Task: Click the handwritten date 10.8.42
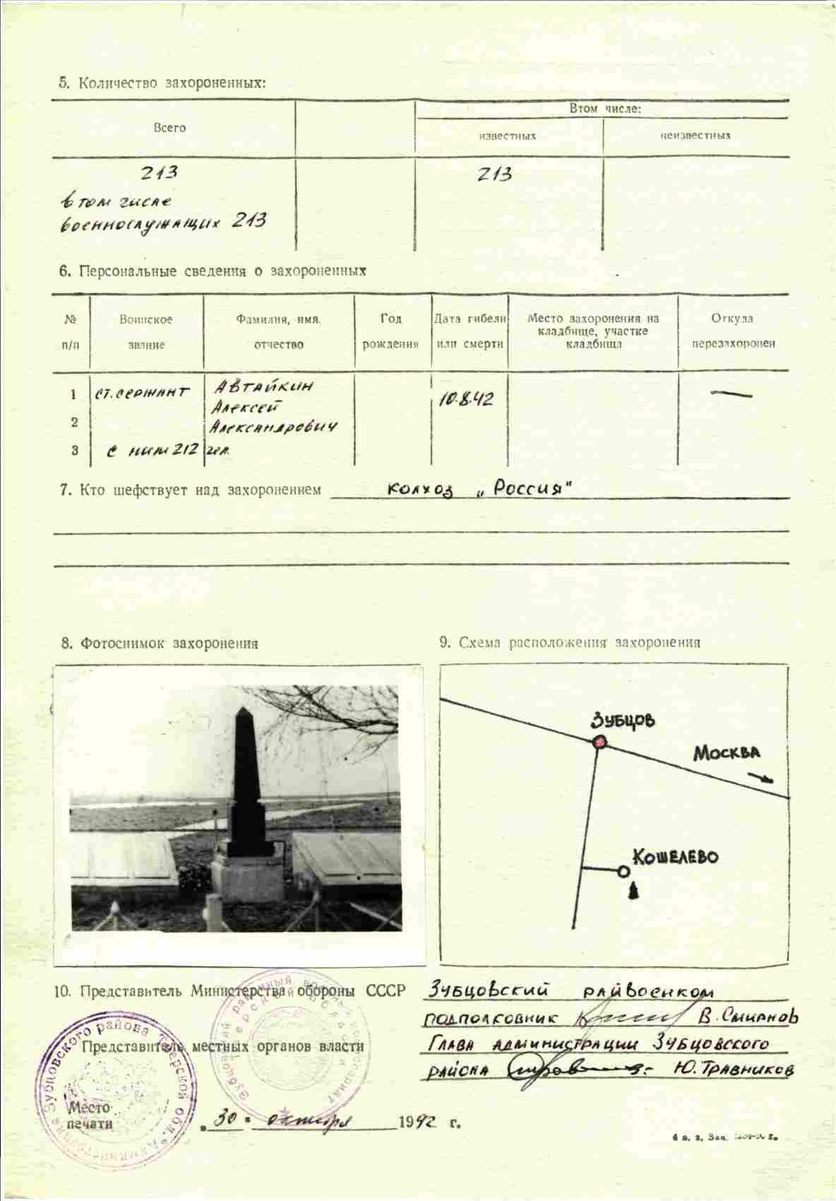coord(467,400)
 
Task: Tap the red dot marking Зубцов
coord(599,742)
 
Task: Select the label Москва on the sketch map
coord(727,752)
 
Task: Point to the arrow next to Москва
coord(763,778)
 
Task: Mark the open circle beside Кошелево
coord(623,872)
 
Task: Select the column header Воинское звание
coord(146,332)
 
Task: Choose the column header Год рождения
coord(390,331)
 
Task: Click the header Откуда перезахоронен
coord(733,331)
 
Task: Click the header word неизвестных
coord(695,136)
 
